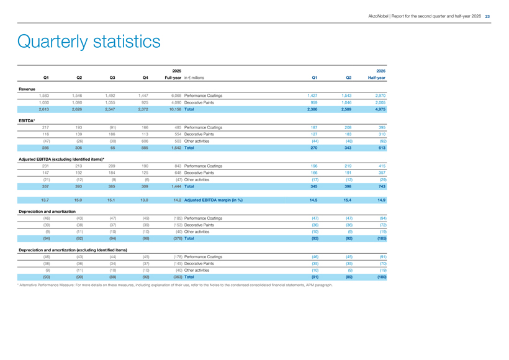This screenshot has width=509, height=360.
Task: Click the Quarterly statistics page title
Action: pos(89,42)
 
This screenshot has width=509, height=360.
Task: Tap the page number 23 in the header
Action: pos(487,16)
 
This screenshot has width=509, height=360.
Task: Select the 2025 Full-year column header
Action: pos(173,74)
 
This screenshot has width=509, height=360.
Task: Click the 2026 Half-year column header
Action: pos(377,74)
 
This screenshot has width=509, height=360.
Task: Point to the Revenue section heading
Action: pos(27,89)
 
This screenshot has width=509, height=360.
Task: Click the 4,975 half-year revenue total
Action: pos(380,109)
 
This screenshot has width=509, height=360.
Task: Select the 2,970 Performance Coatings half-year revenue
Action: pos(380,96)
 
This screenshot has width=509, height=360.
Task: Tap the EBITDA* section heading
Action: pos(27,121)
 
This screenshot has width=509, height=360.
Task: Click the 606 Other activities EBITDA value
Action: pos(145,142)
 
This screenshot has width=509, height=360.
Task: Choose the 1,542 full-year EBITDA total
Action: pos(176,148)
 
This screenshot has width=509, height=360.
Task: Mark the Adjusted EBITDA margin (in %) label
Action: pos(214,200)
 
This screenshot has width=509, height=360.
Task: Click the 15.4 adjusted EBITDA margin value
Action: pos(348,200)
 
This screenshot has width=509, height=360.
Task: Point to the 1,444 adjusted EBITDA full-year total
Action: pos(176,186)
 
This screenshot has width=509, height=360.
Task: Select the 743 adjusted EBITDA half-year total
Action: pos(382,186)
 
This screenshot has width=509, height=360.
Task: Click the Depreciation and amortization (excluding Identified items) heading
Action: pos(73,250)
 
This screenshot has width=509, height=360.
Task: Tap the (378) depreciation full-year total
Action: pos(178,238)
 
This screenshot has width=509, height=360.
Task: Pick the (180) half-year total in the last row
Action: pos(382,277)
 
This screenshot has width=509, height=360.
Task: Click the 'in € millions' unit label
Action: pos(194,78)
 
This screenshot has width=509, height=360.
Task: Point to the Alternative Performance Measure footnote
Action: pos(175,285)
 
